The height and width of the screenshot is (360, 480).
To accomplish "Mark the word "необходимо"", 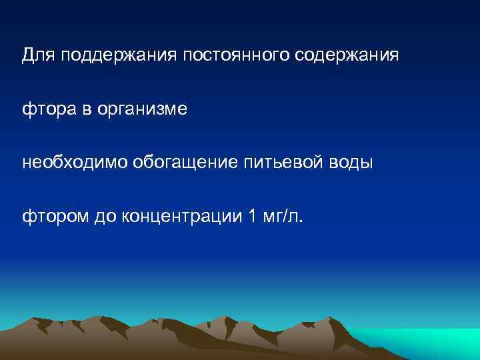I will (67, 162).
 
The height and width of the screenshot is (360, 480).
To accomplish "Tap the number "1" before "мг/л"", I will (250, 215).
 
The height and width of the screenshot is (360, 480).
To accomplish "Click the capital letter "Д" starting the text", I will (28, 55).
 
